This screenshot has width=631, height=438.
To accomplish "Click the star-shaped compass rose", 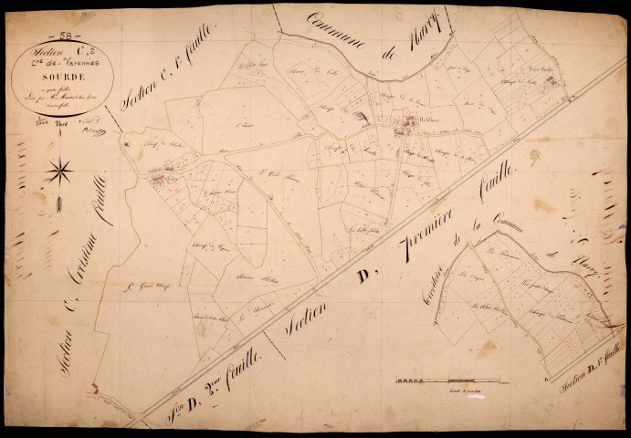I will pos(60,169).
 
